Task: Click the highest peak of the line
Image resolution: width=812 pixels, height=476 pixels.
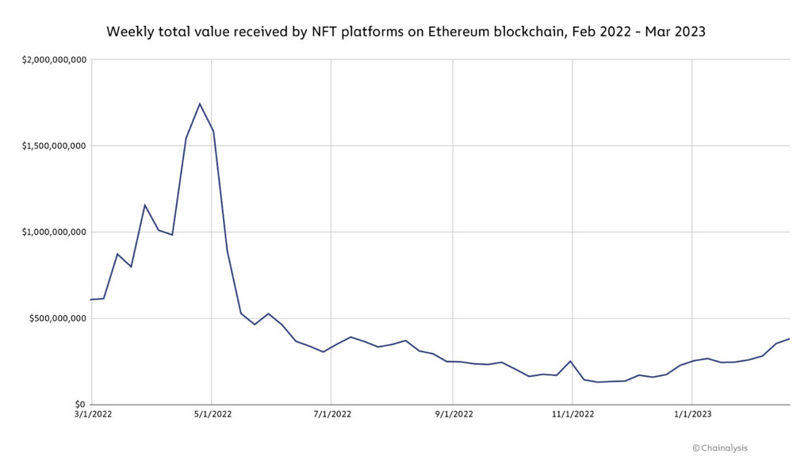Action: pyautogui.click(x=199, y=104)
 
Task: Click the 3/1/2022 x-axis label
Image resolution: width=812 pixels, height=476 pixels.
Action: pyautogui.click(x=92, y=414)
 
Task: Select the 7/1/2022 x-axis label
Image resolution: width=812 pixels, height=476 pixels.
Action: pyautogui.click(x=331, y=414)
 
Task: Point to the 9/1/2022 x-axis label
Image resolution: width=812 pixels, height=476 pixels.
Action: pyautogui.click(x=453, y=414)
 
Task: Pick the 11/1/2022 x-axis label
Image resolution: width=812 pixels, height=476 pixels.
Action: pyautogui.click(x=573, y=414)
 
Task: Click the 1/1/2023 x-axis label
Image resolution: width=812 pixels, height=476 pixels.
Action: pyautogui.click(x=692, y=414)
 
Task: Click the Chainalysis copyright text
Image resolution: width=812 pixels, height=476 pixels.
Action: pyautogui.click(x=720, y=448)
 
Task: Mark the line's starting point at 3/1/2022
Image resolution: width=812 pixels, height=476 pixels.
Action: pyautogui.click(x=92, y=299)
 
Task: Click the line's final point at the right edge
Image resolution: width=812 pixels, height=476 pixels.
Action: pyautogui.click(x=790, y=339)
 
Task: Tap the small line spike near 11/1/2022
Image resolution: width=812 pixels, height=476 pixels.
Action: pyautogui.click(x=571, y=361)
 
